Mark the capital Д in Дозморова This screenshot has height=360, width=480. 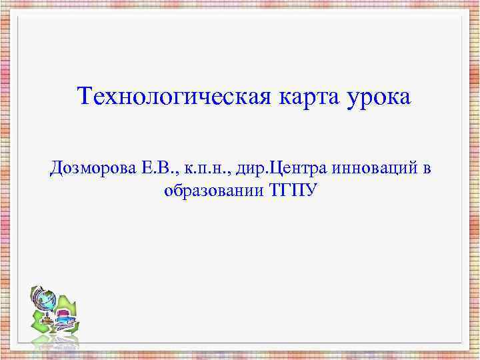pyautogui.click(x=55, y=168)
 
